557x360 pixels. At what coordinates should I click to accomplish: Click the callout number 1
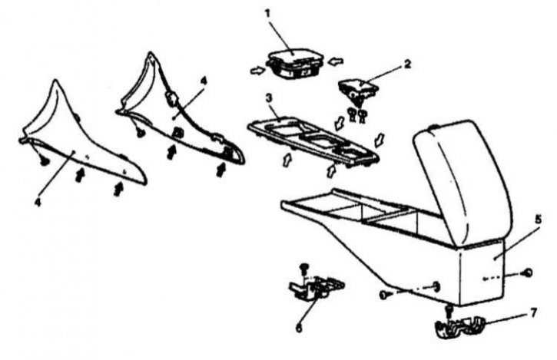267,14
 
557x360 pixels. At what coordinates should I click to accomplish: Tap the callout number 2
407,64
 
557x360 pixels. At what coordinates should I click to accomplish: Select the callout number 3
269,98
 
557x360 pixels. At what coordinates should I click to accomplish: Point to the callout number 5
539,219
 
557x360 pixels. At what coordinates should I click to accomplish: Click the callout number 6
299,328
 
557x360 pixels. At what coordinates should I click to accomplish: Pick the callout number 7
533,313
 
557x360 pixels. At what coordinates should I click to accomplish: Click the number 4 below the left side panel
38,202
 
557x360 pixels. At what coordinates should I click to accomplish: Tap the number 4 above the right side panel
203,81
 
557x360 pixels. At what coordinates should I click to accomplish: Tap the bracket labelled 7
460,327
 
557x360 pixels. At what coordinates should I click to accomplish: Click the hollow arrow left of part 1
258,71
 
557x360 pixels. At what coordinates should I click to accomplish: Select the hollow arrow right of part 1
335,61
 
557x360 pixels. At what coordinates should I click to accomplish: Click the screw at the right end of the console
528,272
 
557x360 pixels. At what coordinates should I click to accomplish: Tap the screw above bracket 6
303,269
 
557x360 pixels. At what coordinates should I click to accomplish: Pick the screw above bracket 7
449,311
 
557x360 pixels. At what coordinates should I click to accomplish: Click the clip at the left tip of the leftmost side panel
45,161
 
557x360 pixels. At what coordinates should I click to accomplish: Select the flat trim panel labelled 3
313,142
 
